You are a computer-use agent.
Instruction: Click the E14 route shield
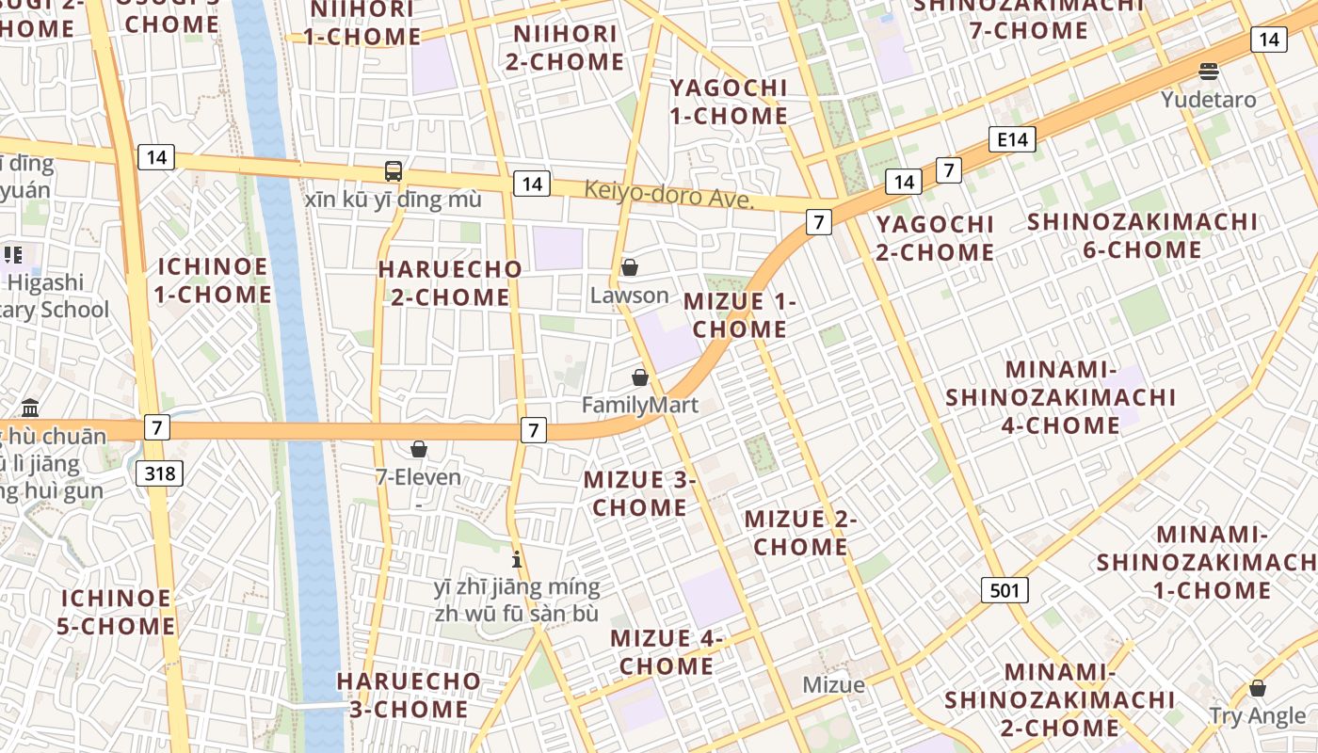tap(1013, 140)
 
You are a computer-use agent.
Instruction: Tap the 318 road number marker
tap(160, 473)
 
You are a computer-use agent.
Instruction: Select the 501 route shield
tap(1005, 590)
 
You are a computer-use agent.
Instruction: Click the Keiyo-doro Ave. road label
tap(669, 194)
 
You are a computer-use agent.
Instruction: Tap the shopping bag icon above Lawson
tap(630, 268)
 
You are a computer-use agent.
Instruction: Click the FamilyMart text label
tap(639, 405)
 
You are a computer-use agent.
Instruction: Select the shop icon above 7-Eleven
tap(419, 450)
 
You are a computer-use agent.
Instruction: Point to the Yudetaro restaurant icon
tap(1209, 71)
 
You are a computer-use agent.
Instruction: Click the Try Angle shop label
tap(1258, 715)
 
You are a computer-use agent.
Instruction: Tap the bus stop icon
tap(394, 171)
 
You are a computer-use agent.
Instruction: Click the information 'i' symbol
tap(516, 560)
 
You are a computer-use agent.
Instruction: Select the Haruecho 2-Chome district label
tap(450, 283)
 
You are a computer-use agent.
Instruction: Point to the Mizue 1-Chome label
tap(739, 315)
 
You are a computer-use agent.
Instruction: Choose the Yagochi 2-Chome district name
tap(935, 238)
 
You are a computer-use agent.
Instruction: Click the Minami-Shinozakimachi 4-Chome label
tap(1061, 397)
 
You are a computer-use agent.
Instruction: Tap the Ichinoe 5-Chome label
tap(118, 612)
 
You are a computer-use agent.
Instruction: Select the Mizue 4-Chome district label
tap(667, 651)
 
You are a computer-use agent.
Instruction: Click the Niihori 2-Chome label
tap(569, 48)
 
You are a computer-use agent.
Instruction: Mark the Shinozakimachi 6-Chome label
tap(1142, 235)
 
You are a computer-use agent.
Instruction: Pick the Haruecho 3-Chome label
tap(409, 695)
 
